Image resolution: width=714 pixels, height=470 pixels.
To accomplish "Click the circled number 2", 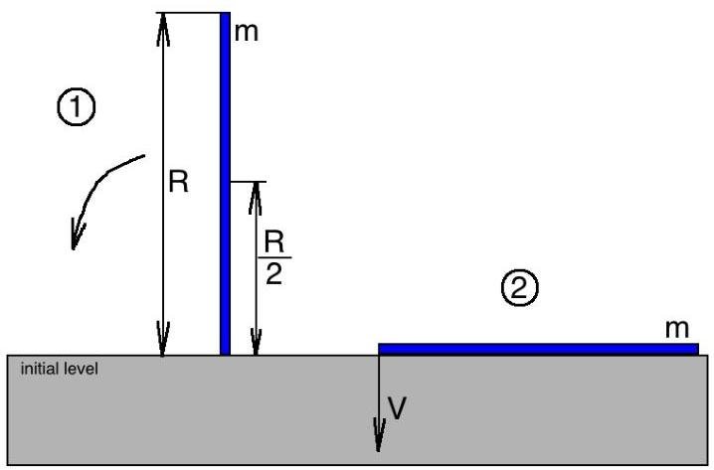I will point(519,289).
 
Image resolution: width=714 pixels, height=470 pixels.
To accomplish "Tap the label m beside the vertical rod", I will point(246,33).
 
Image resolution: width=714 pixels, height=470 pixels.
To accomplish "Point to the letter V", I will point(398,409).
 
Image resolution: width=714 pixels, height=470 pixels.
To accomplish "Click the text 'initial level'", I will point(59,369).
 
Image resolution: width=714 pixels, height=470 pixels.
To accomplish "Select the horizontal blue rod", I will point(538,348).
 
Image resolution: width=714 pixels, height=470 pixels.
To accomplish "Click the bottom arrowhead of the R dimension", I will point(164,340).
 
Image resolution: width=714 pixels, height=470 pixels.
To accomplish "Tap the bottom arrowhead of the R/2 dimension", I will point(257,341).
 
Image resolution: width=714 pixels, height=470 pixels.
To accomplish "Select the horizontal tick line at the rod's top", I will point(191,13).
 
